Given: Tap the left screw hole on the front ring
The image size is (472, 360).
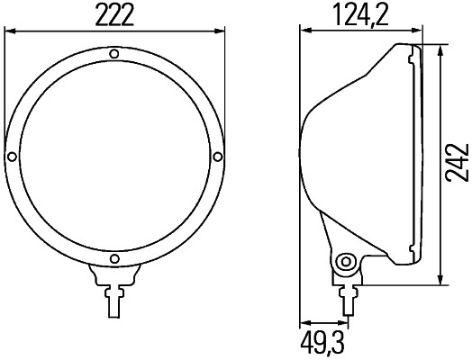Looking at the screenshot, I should [11, 157].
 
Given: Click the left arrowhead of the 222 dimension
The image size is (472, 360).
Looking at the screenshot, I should [8, 31].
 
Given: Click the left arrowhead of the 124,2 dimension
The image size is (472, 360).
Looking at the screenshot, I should [304, 31].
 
